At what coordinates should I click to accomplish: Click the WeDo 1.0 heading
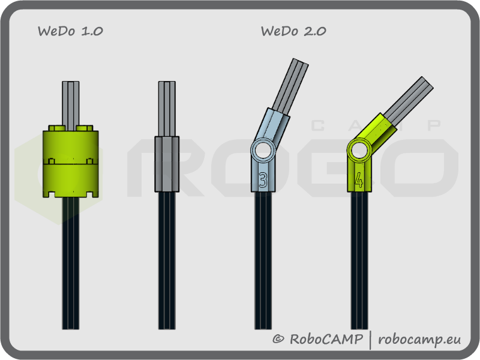tap(70, 31)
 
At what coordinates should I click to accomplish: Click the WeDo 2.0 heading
tap(293, 31)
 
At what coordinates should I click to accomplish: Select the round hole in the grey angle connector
tap(262, 149)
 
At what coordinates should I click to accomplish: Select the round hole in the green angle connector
tap(359, 150)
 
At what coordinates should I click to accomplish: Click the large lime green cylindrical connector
tap(71, 162)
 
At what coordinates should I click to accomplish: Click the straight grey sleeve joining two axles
tap(167, 163)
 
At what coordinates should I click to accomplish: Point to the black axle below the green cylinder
tap(71, 264)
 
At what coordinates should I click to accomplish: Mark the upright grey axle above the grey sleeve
tap(167, 108)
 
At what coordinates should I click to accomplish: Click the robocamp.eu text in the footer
tap(420, 339)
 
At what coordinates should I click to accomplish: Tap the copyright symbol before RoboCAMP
tap(278, 340)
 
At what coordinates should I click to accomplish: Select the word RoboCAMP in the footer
tap(326, 339)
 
